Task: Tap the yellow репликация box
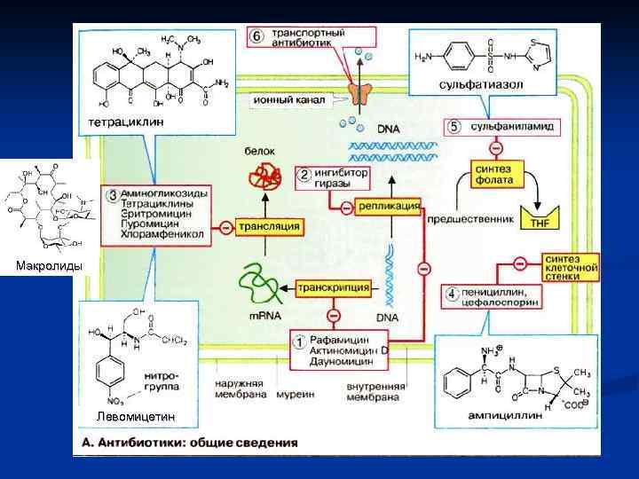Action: tap(389, 206)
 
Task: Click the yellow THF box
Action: tap(539, 222)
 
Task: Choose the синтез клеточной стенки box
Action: tap(570, 264)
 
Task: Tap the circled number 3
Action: tap(110, 194)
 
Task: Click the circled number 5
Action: tap(454, 127)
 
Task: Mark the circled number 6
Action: tap(256, 36)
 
